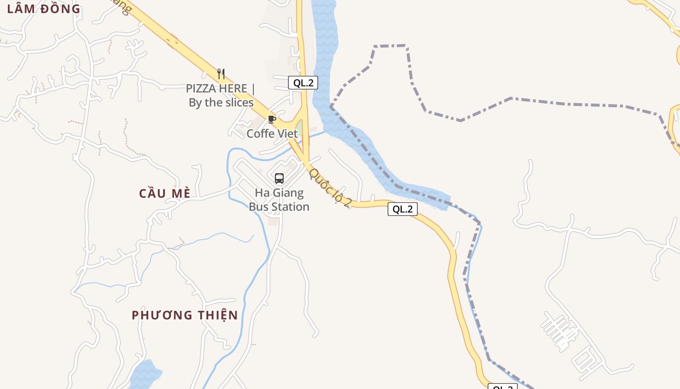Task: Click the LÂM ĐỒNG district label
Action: pyautogui.click(x=44, y=8)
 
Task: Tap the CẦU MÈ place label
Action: pyautogui.click(x=164, y=193)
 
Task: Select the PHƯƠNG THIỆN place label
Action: pyautogui.click(x=185, y=315)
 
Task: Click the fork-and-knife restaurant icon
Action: pyautogui.click(x=221, y=74)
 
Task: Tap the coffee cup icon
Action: pyautogui.click(x=272, y=119)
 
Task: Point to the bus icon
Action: pyautogui.click(x=279, y=178)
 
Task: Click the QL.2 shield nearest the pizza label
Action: pyautogui.click(x=303, y=83)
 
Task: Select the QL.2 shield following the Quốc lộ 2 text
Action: pyautogui.click(x=403, y=209)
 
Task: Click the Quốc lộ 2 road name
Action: pyautogui.click(x=330, y=188)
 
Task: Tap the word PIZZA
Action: pyautogui.click(x=203, y=88)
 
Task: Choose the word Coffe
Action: pyautogui.click(x=261, y=134)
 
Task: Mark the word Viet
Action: pyautogui.click(x=287, y=134)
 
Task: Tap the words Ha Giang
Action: pyautogui.click(x=279, y=193)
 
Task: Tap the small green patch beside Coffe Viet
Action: pyautogui.click(x=299, y=129)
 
